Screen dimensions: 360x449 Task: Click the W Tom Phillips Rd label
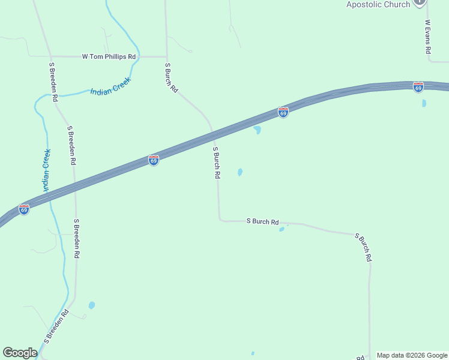click(109, 57)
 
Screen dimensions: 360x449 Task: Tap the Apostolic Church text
click(378, 4)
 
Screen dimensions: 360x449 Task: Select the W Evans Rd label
click(428, 38)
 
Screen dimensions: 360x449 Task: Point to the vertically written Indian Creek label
click(46, 170)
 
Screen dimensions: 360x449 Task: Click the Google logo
click(20, 353)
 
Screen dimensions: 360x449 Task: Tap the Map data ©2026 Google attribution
click(412, 355)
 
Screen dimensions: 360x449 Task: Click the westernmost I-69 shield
click(24, 209)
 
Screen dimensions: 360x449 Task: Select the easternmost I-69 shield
click(418, 87)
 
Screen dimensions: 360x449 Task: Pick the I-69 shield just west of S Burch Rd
click(154, 160)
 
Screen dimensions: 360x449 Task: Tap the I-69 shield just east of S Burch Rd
click(283, 112)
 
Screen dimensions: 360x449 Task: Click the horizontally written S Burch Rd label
click(263, 221)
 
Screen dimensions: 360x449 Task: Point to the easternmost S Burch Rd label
click(364, 247)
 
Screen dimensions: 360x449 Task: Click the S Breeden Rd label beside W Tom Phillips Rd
click(53, 81)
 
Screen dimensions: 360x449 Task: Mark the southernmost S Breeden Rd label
click(56, 327)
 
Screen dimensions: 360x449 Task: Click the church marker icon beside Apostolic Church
click(420, 2)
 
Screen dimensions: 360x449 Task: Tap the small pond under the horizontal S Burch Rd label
click(282, 229)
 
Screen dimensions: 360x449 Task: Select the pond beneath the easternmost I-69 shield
click(424, 103)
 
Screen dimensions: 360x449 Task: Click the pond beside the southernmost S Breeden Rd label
click(91, 305)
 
